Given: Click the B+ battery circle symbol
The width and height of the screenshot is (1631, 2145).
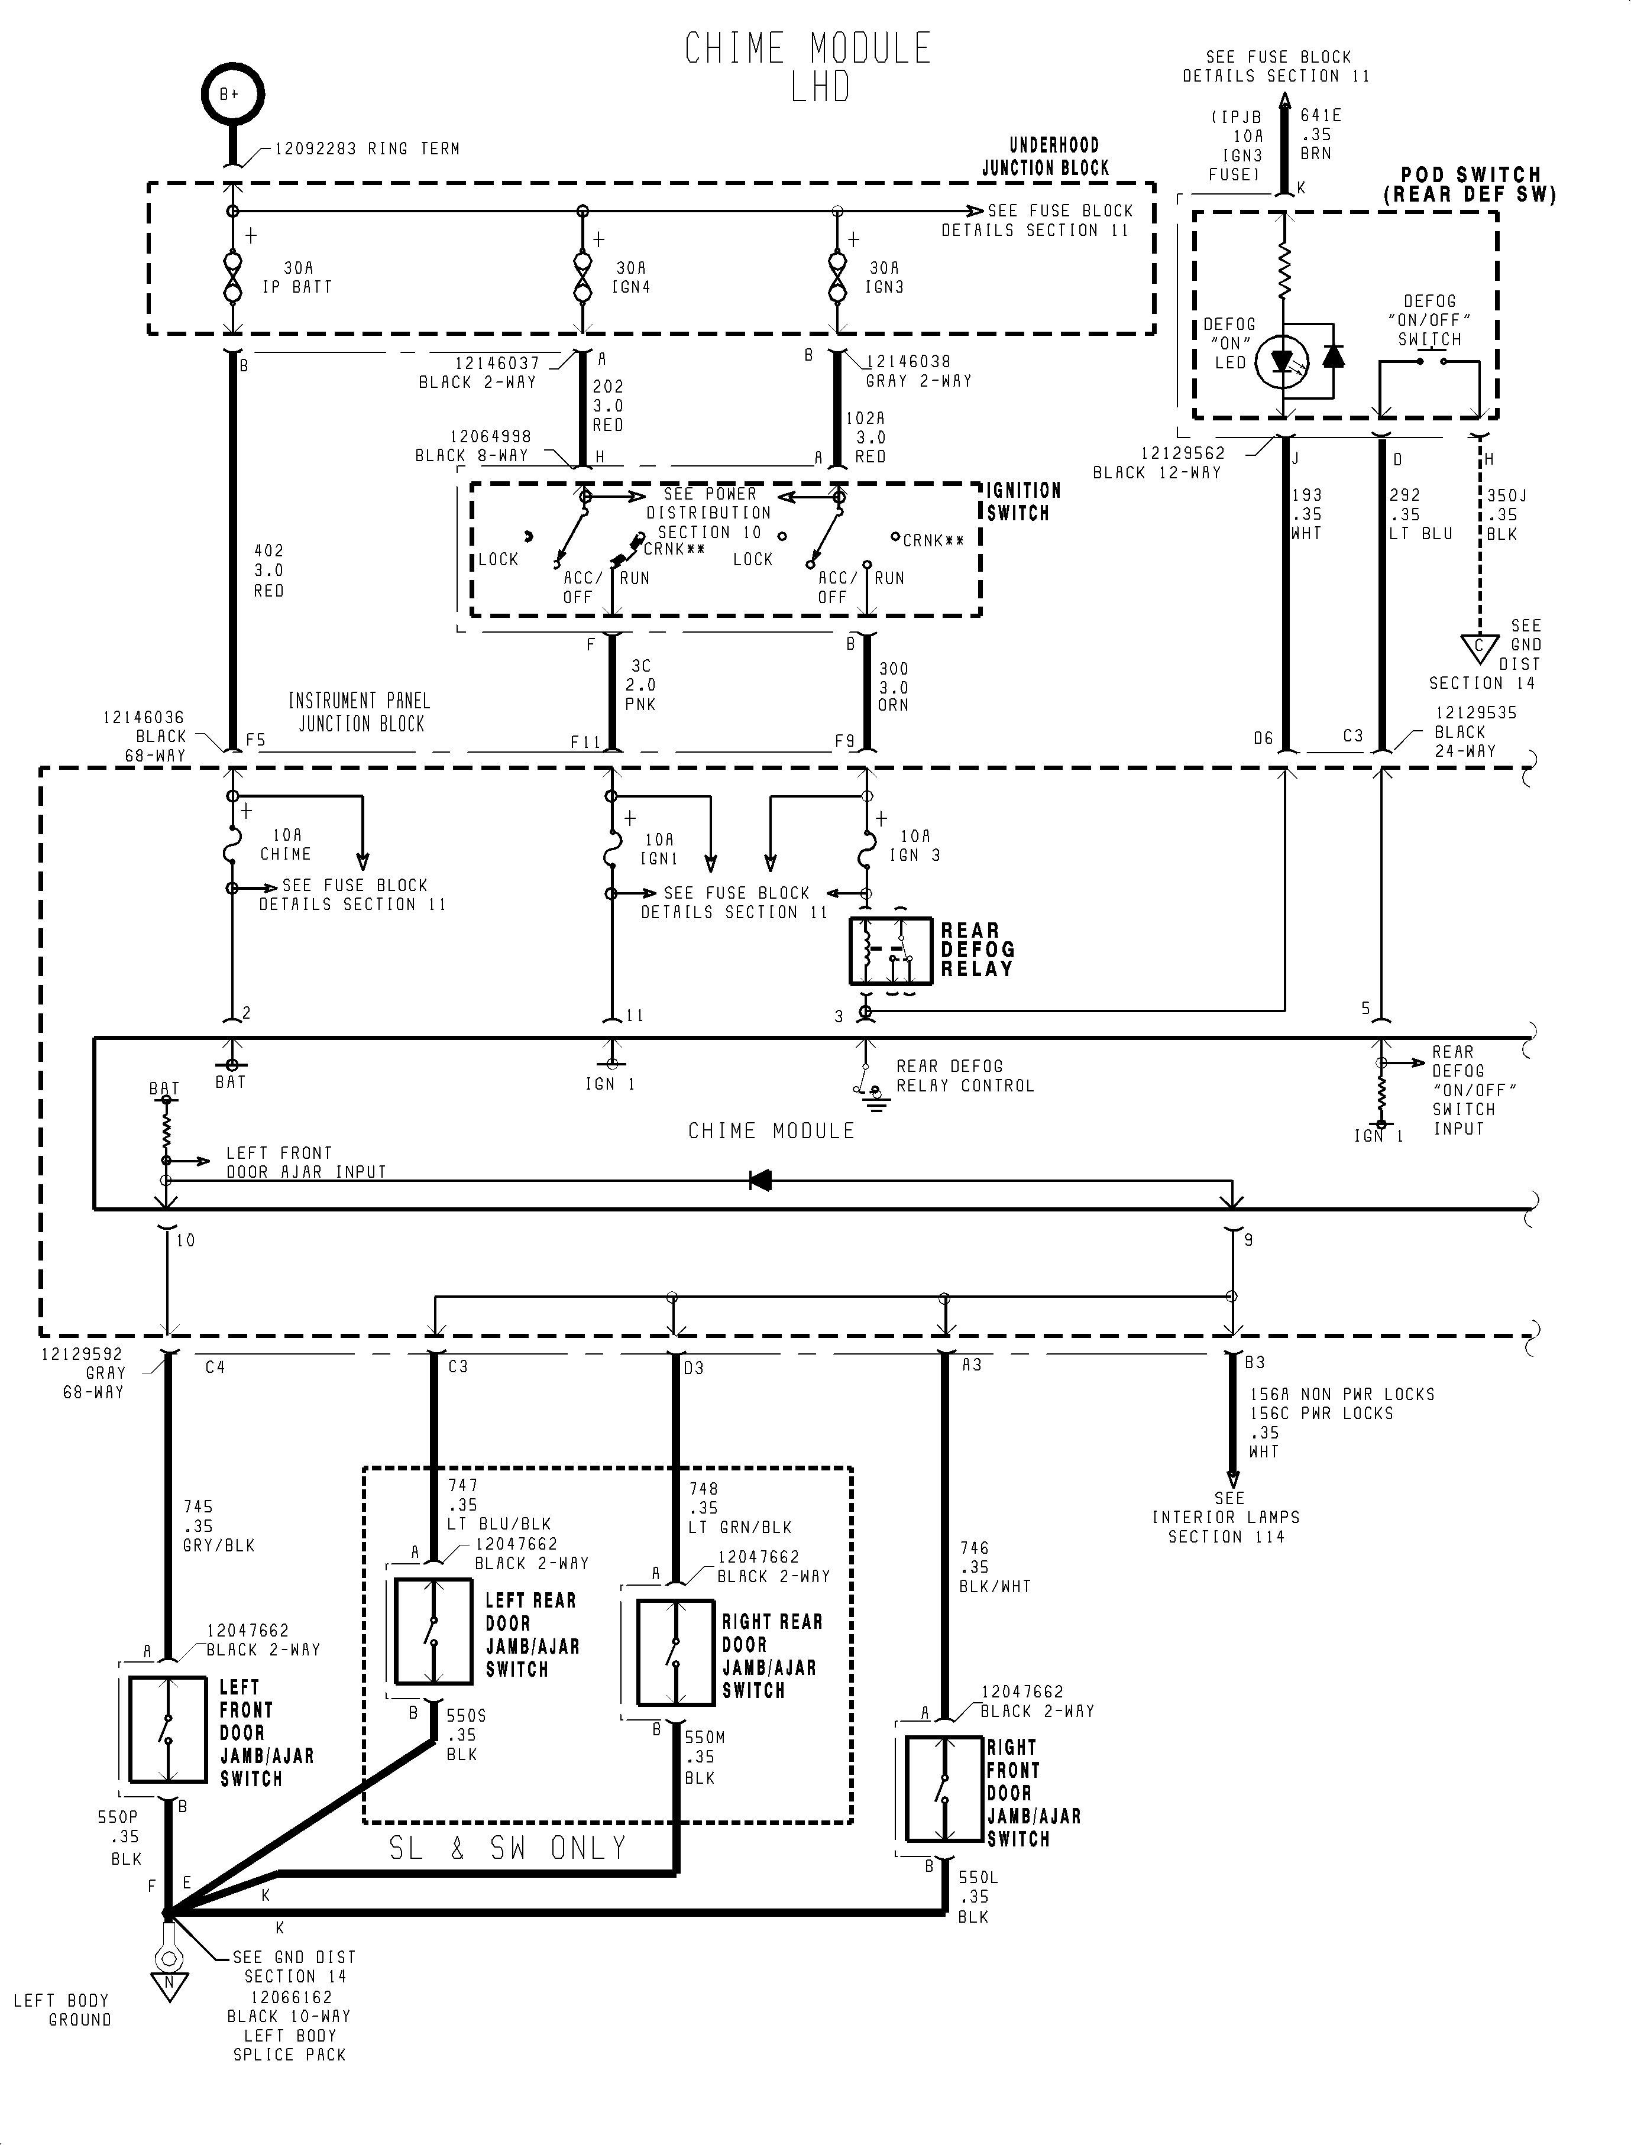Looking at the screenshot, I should (x=232, y=94).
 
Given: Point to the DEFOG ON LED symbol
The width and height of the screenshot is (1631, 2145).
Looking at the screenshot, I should (x=1283, y=361).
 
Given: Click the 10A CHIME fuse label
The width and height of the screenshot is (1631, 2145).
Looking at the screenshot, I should (x=286, y=844).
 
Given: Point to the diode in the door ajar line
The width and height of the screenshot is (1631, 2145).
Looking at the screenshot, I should (x=760, y=1180).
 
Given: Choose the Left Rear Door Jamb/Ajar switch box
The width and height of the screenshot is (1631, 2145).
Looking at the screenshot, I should (x=433, y=1632).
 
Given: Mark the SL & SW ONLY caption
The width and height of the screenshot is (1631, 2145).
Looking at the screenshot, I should (x=508, y=1848).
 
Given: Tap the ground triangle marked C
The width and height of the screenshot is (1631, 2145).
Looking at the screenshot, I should (x=1480, y=647).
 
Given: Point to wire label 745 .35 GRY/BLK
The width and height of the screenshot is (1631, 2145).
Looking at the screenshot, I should (x=218, y=1527).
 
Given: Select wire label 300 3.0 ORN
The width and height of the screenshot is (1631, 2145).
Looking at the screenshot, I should (x=893, y=687).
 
